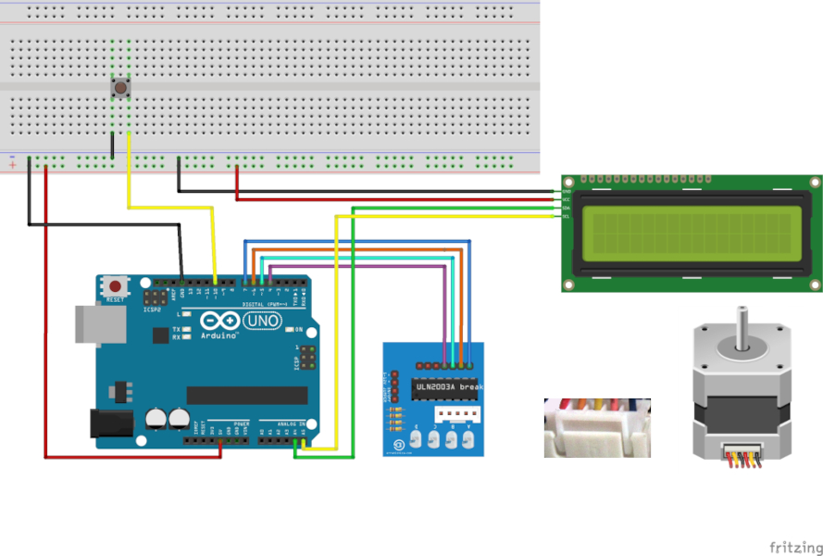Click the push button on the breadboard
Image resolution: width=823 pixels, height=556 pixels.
point(120,88)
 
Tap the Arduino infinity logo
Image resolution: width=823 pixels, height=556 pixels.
point(225,322)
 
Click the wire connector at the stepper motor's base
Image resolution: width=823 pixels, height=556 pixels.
point(741,454)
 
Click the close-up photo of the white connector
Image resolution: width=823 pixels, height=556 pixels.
point(597,427)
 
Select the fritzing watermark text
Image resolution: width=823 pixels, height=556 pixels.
point(794,547)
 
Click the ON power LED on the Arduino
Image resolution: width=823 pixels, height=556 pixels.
point(289,329)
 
